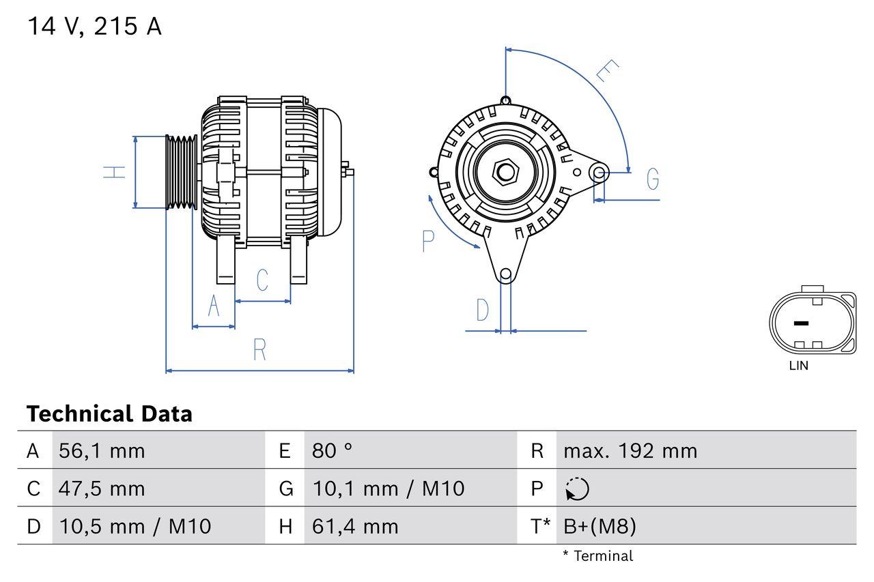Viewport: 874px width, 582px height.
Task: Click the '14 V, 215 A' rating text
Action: pyautogui.click(x=94, y=27)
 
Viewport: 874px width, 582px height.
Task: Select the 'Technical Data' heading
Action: pyautogui.click(x=109, y=414)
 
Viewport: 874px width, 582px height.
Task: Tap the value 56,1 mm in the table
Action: pyautogui.click(x=102, y=450)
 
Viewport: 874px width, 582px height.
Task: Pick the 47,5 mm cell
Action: pyautogui.click(x=102, y=489)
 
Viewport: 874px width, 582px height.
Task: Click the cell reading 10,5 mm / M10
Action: pyautogui.click(x=135, y=526)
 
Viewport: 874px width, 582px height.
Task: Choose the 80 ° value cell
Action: pyautogui.click(x=333, y=450)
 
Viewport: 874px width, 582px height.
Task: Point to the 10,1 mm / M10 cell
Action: pyautogui.click(x=388, y=489)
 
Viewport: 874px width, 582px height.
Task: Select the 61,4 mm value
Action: pyautogui.click(x=355, y=526)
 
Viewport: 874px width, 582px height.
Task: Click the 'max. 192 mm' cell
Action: pyautogui.click(x=630, y=450)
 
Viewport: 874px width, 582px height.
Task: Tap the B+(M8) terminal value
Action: pyautogui.click(x=600, y=526)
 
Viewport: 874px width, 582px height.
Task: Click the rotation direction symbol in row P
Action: pyautogui.click(x=577, y=489)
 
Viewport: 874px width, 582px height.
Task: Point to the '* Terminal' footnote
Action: pyautogui.click(x=597, y=556)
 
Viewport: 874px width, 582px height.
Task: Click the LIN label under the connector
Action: pyautogui.click(x=798, y=366)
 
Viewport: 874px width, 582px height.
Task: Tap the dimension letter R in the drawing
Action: pyautogui.click(x=259, y=349)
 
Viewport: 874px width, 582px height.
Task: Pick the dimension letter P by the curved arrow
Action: pyautogui.click(x=428, y=241)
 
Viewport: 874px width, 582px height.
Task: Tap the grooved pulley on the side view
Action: pyautogui.click(x=182, y=171)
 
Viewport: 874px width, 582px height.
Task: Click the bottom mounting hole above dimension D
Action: pyautogui.click(x=505, y=274)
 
